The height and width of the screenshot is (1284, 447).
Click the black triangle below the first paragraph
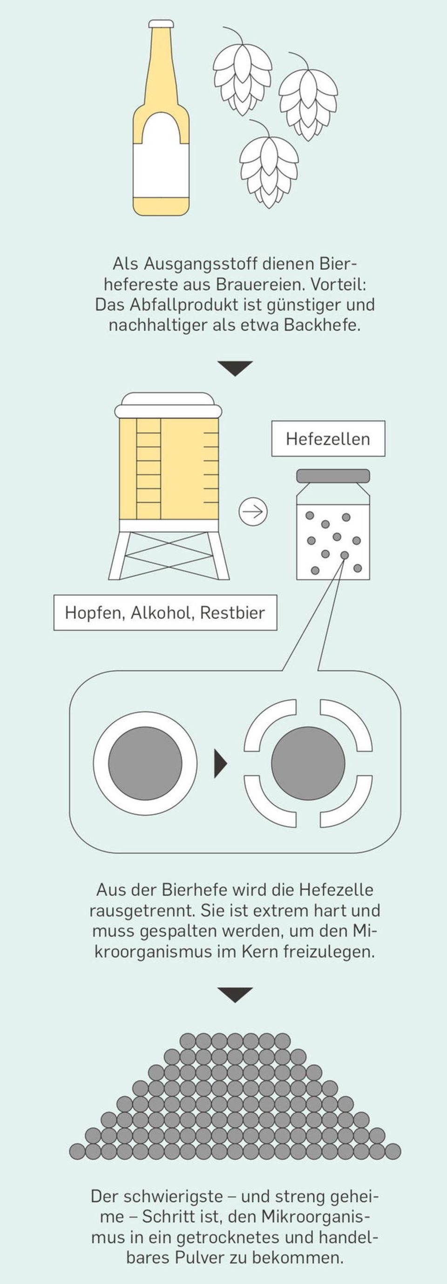click(x=235, y=368)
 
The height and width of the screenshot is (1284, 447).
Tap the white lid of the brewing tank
click(x=168, y=405)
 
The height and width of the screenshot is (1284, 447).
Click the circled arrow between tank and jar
click(x=253, y=512)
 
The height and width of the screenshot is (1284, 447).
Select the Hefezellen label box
click(x=328, y=439)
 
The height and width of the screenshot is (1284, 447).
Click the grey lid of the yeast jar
click(x=333, y=476)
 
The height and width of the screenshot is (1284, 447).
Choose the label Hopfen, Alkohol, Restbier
click(x=165, y=612)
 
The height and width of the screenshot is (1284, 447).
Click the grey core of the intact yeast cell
click(x=145, y=763)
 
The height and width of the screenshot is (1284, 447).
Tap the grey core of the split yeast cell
click(x=308, y=763)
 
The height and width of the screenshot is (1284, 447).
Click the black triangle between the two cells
click(x=220, y=763)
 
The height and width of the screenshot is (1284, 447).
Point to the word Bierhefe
click(x=191, y=889)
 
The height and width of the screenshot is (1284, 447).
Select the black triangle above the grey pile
click(x=235, y=994)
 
